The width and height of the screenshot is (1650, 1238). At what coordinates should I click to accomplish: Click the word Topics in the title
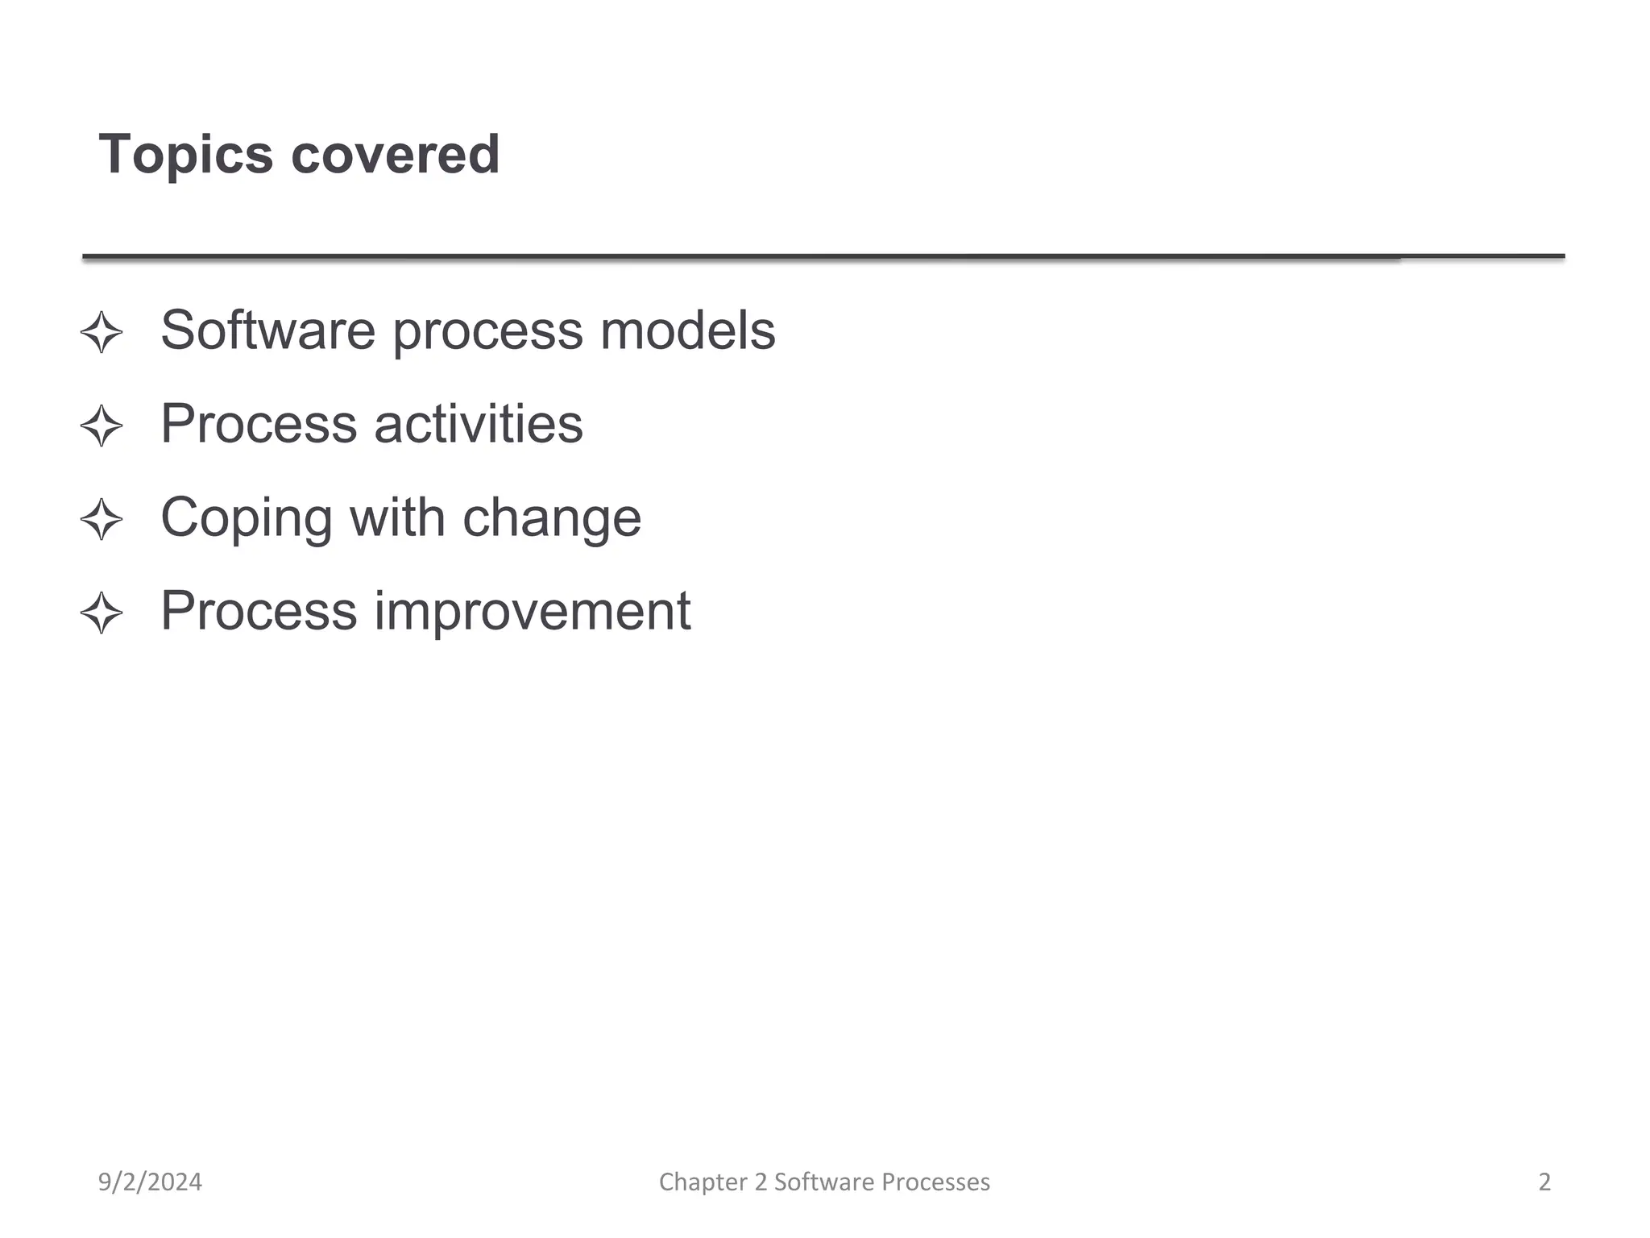(x=185, y=154)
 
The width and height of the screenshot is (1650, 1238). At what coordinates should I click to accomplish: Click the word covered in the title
(x=395, y=154)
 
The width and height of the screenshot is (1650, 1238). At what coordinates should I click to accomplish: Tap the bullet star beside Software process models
(x=102, y=332)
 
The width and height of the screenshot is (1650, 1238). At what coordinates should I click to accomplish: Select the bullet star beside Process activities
(x=102, y=426)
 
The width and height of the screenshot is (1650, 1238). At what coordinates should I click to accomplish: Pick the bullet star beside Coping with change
(x=102, y=519)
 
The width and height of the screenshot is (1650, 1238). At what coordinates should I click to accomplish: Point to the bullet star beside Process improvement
(x=102, y=613)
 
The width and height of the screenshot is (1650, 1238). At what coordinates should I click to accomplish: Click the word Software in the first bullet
(x=267, y=330)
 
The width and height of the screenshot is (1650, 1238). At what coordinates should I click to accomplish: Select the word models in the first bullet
(x=687, y=330)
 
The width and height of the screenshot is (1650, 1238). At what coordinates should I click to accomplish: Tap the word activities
(x=479, y=423)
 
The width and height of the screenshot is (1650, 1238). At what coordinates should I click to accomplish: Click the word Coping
(x=246, y=518)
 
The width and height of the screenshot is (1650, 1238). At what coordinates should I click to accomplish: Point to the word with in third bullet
(x=396, y=517)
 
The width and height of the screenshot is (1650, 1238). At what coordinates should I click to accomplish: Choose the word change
(x=552, y=518)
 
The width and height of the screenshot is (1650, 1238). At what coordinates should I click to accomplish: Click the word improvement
(x=533, y=611)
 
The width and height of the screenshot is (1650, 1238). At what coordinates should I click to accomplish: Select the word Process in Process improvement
(x=259, y=610)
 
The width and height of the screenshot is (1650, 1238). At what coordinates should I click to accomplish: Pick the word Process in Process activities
(x=259, y=423)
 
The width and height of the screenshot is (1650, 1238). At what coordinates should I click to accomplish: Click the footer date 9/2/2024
(x=150, y=1182)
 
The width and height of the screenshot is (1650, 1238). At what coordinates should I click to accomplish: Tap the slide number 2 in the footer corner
(x=1544, y=1182)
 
